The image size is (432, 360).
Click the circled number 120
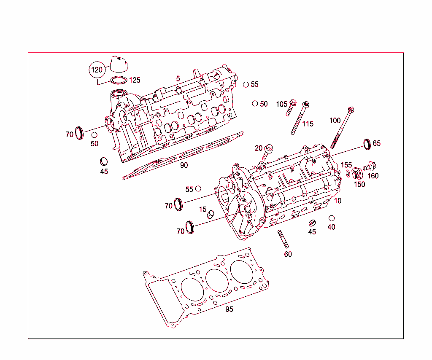click(x=97, y=70)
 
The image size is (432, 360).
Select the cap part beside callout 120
click(x=119, y=64)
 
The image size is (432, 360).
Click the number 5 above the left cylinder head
click(x=178, y=79)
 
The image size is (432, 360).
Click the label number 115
click(x=308, y=124)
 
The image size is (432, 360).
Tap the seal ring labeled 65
click(x=367, y=144)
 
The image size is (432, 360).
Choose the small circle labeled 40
click(x=332, y=218)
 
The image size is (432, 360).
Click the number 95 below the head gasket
click(x=229, y=309)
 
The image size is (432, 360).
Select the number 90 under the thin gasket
click(x=184, y=165)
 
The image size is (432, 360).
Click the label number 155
click(x=346, y=165)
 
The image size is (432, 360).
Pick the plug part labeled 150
click(x=357, y=174)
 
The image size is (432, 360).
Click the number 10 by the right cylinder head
click(x=337, y=201)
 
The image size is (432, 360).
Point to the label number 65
click(x=377, y=143)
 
